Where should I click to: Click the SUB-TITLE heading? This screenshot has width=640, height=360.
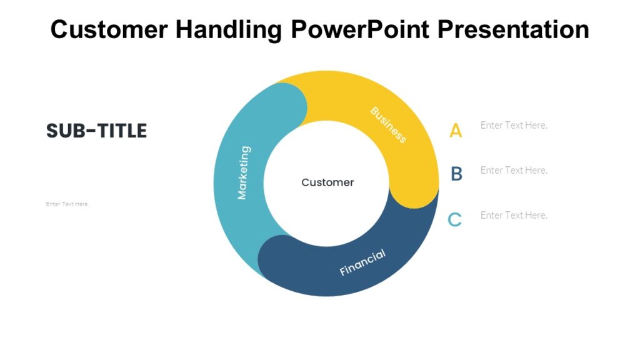tap(96, 131)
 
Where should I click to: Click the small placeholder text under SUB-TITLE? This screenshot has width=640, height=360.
tap(67, 204)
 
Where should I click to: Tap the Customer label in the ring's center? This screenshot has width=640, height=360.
tap(327, 182)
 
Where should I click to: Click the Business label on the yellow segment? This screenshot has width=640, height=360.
tap(388, 124)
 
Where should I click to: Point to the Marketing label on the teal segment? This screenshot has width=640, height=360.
tap(243, 172)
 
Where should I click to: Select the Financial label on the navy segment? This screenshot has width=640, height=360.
tap(362, 262)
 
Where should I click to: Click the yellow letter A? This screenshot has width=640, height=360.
tap(456, 131)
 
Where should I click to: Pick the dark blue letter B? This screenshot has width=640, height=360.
tap(456, 174)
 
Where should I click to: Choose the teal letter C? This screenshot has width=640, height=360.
tap(455, 219)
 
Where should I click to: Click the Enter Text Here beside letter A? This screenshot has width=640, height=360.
tap(514, 125)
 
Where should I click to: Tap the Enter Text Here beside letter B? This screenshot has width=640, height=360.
tap(514, 170)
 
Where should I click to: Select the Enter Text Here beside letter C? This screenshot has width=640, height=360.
tap(514, 215)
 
